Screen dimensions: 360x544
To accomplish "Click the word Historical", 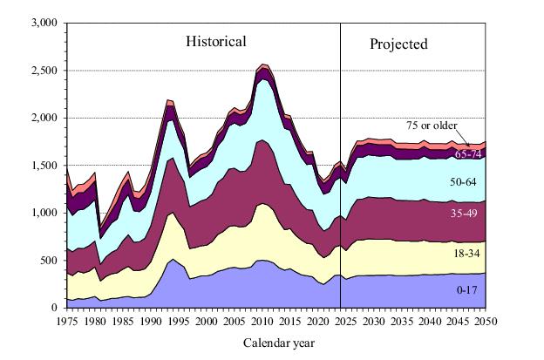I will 215,41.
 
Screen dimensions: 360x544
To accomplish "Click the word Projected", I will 398,44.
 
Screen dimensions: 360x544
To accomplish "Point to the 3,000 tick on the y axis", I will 44,23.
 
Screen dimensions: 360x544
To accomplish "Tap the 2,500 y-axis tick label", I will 44,71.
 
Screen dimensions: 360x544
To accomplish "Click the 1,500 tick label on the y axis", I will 44,166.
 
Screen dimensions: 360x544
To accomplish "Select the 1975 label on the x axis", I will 68,320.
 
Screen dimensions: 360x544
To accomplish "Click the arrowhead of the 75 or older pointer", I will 472,146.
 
